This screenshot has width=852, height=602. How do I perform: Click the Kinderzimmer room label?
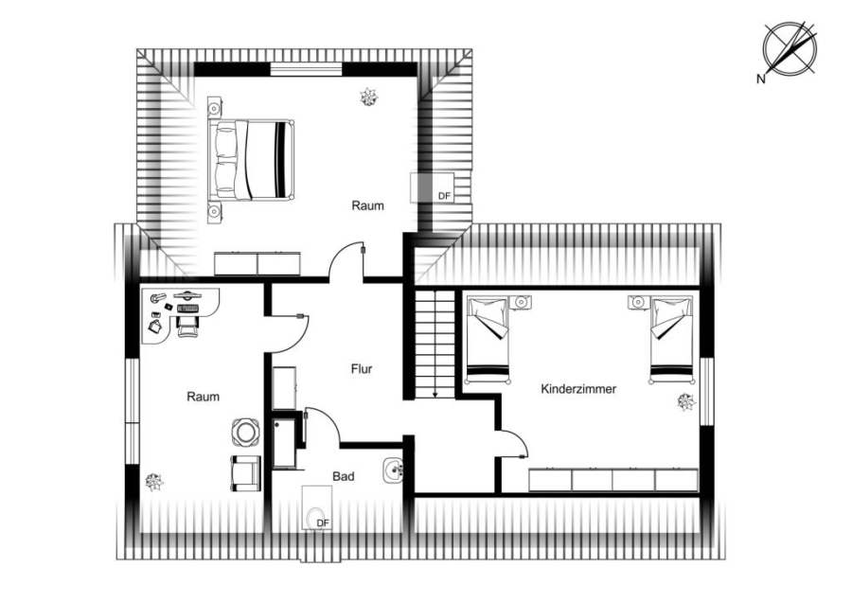point(578,389)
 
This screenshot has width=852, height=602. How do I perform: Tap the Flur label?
point(362,369)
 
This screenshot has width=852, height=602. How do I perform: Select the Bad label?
point(344,476)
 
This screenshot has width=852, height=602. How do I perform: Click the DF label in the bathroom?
point(323,523)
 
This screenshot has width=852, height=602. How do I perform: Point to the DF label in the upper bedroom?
point(445,196)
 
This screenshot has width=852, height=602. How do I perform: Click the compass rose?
point(790,48)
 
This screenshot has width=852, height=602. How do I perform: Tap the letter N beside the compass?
point(761,80)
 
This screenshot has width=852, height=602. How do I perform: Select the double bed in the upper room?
point(251,159)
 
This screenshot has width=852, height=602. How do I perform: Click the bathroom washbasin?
point(392,470)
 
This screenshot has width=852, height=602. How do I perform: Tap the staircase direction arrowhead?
point(435,394)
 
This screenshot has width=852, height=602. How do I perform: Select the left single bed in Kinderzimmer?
point(488,340)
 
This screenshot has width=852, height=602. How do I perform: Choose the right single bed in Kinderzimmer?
point(671,340)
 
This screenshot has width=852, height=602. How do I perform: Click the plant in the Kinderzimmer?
point(686,402)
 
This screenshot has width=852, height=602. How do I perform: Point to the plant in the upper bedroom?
point(369,97)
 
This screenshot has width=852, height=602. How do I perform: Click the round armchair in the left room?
point(245,433)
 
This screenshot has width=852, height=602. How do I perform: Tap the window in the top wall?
point(307,69)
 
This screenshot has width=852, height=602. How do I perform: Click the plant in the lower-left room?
point(154,482)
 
